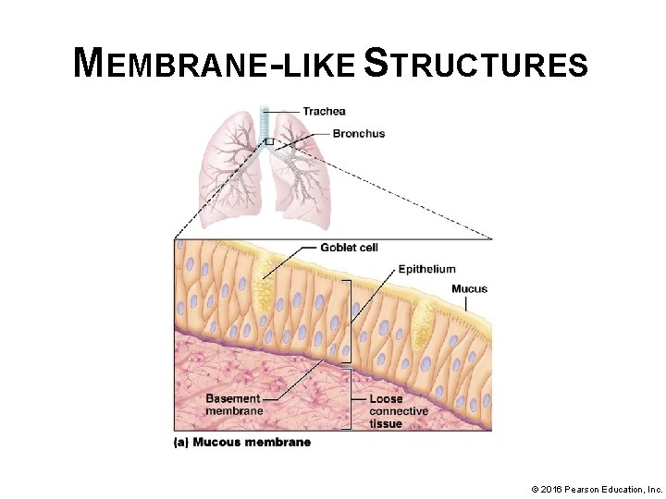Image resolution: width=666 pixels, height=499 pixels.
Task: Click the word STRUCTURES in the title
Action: click(476, 65)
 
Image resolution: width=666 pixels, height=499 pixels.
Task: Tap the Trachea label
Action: click(324, 112)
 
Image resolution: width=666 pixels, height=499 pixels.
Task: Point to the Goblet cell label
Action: click(349, 248)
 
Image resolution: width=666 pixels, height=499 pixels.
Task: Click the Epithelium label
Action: click(426, 269)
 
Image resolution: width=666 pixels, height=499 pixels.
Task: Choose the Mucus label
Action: click(469, 289)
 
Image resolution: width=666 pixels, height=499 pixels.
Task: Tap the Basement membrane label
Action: click(234, 405)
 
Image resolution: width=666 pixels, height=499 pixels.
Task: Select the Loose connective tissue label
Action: click(398, 411)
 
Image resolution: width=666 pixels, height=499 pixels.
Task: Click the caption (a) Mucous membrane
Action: click(242, 443)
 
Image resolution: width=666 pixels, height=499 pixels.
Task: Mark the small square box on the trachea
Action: click(268, 141)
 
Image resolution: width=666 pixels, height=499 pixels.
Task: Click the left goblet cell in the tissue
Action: click(265, 267)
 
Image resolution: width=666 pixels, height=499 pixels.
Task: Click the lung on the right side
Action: click(303, 176)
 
